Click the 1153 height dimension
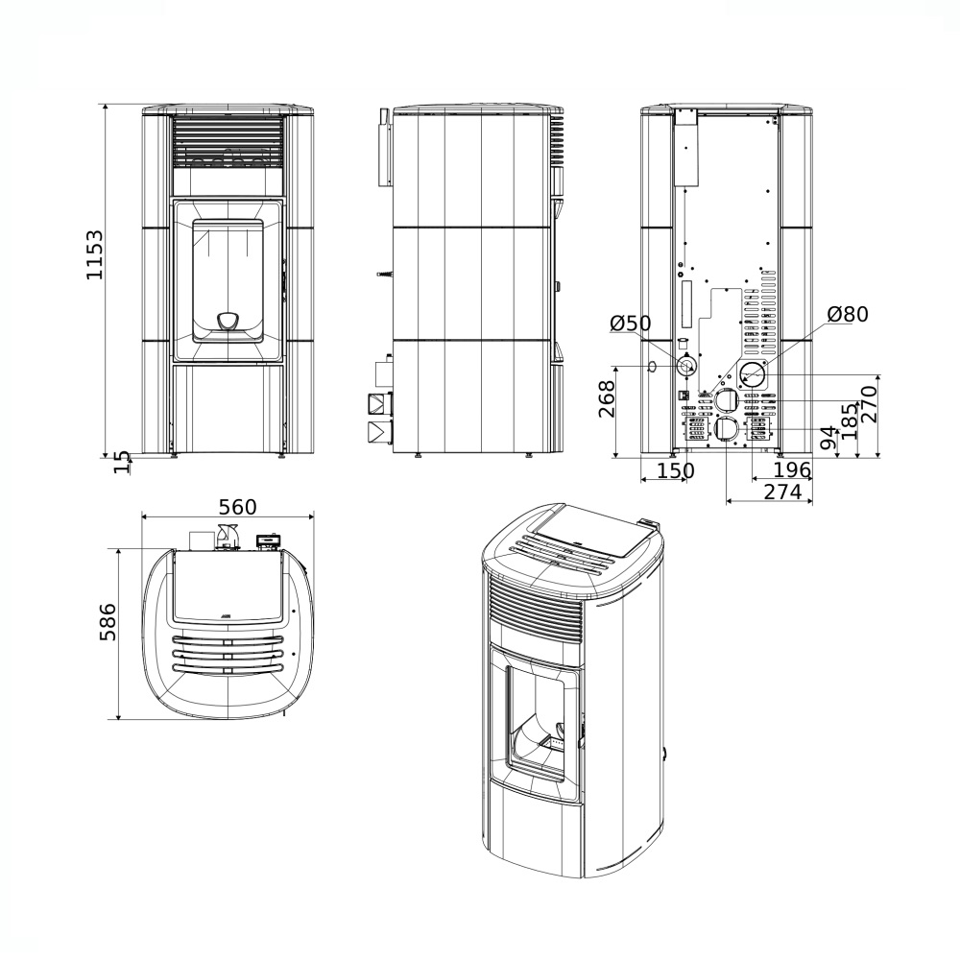(95, 254)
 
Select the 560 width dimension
(238, 507)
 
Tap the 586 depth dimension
(108, 622)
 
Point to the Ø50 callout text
(631, 323)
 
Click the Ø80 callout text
(848, 314)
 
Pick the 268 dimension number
(607, 399)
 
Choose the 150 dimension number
(676, 470)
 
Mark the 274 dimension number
(782, 492)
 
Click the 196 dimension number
(792, 470)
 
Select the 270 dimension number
(870, 403)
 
